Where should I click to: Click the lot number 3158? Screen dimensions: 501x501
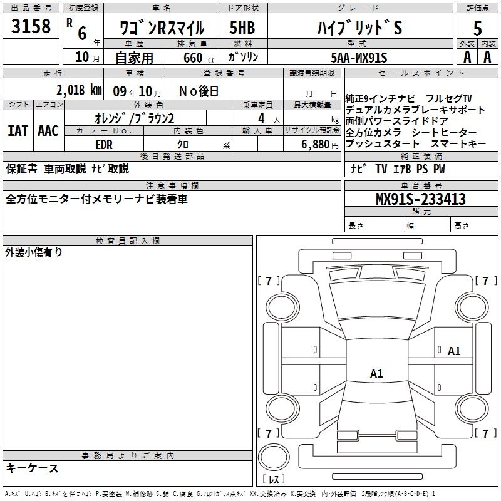pos(31,26)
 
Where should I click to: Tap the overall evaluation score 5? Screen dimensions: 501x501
pos(477,28)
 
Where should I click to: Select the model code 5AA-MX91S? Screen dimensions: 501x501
pos(359,58)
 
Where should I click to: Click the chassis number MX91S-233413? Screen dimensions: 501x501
pos(421,199)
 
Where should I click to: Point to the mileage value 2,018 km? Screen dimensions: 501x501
pos(79,90)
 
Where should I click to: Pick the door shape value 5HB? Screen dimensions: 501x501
pos(242,28)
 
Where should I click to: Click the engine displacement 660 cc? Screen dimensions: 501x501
pos(199,58)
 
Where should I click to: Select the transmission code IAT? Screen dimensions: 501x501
pos(18,131)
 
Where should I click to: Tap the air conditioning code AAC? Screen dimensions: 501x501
pos(48,131)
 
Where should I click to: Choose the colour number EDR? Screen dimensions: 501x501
pos(104,145)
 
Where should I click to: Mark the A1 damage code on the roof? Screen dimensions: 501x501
pos(376,373)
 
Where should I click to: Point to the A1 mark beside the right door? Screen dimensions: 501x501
pos(454,351)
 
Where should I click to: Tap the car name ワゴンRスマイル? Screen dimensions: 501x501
pos(162,28)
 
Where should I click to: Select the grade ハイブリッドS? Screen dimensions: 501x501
pos(359,28)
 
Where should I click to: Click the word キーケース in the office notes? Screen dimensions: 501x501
pos(33,468)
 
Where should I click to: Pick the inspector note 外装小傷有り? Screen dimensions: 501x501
pos(34,252)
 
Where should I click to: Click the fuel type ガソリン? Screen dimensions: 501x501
pos(243,57)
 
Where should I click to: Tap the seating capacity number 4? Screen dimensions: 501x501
pos(261,118)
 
